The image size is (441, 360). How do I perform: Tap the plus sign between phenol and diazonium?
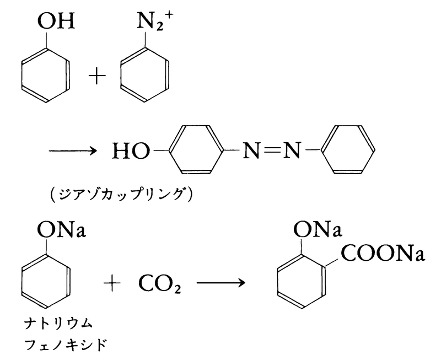tap(98, 76)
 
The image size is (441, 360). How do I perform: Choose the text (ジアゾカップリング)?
tap(120, 195)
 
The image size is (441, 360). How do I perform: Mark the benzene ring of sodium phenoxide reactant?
tap(45, 281)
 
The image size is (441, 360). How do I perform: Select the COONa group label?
tap(382, 255)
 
